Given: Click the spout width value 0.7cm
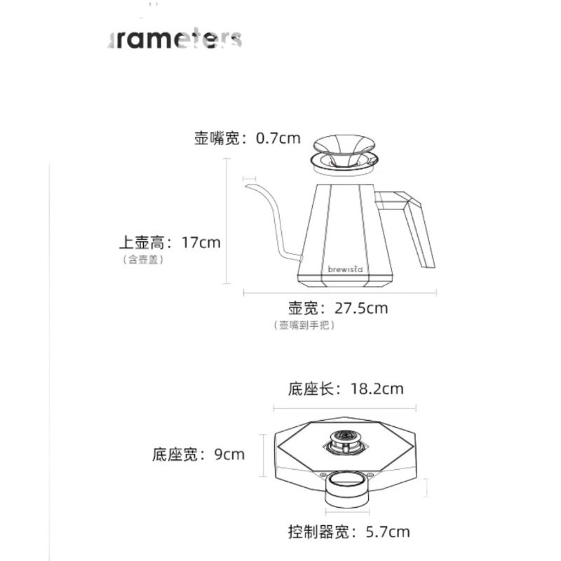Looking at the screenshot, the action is pyautogui.click(x=278, y=138).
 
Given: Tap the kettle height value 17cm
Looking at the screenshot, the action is pyautogui.click(x=201, y=243).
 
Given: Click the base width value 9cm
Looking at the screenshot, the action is pyautogui.click(x=229, y=454).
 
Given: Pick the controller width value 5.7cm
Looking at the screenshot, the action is pyautogui.click(x=388, y=532).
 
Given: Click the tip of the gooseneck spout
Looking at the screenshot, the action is pyautogui.click(x=247, y=185).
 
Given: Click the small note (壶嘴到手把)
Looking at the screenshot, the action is pyautogui.click(x=304, y=325).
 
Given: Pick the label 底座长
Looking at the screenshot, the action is pyautogui.click(x=311, y=388).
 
